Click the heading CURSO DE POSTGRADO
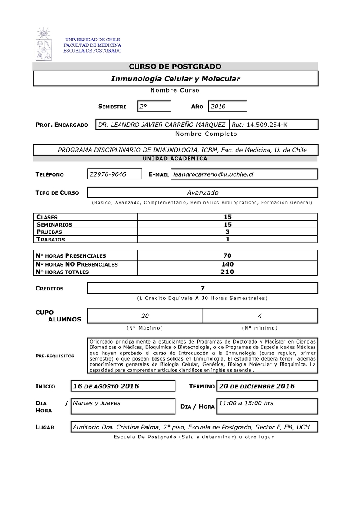point(175,67)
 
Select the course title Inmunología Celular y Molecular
point(175,79)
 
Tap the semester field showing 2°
point(154,107)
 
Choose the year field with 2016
point(227,107)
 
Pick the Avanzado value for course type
point(202,192)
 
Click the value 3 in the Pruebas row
point(228,232)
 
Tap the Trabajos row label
point(50,239)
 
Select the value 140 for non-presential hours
point(228,264)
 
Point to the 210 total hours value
point(228,272)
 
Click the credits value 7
point(202,288)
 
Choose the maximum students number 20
point(145,316)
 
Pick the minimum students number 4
point(260,316)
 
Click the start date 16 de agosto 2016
point(106,386)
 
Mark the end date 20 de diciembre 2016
point(256,386)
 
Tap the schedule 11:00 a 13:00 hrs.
point(247,403)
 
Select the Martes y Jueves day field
point(97,403)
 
